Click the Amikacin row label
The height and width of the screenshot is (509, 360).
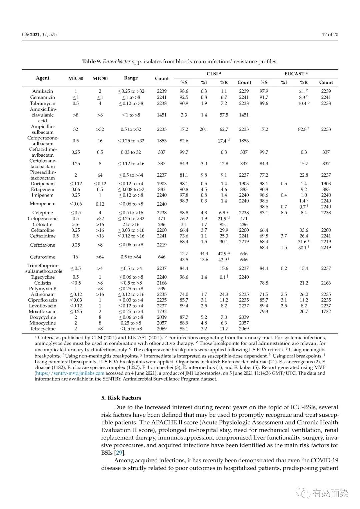(43, 91)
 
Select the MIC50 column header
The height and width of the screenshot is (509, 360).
(76, 78)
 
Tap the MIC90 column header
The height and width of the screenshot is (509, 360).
(100, 78)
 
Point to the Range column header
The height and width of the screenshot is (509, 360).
(131, 78)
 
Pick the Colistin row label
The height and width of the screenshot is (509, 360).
(43, 283)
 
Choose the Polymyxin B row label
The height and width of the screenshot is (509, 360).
(43, 289)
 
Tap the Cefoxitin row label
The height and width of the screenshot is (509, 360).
(43, 224)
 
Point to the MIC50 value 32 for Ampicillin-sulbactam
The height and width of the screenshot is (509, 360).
(76, 129)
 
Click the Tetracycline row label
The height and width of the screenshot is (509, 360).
(43, 329)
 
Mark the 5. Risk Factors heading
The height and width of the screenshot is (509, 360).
(121, 398)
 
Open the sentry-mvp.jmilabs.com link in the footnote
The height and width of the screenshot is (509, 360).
(70, 373)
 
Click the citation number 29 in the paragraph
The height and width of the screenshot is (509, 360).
(119, 453)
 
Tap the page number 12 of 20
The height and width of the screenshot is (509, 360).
(330, 34)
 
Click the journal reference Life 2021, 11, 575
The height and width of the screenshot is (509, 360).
(39, 34)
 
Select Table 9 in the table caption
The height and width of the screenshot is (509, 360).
(92, 61)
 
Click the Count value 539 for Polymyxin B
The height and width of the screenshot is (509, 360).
(162, 289)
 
